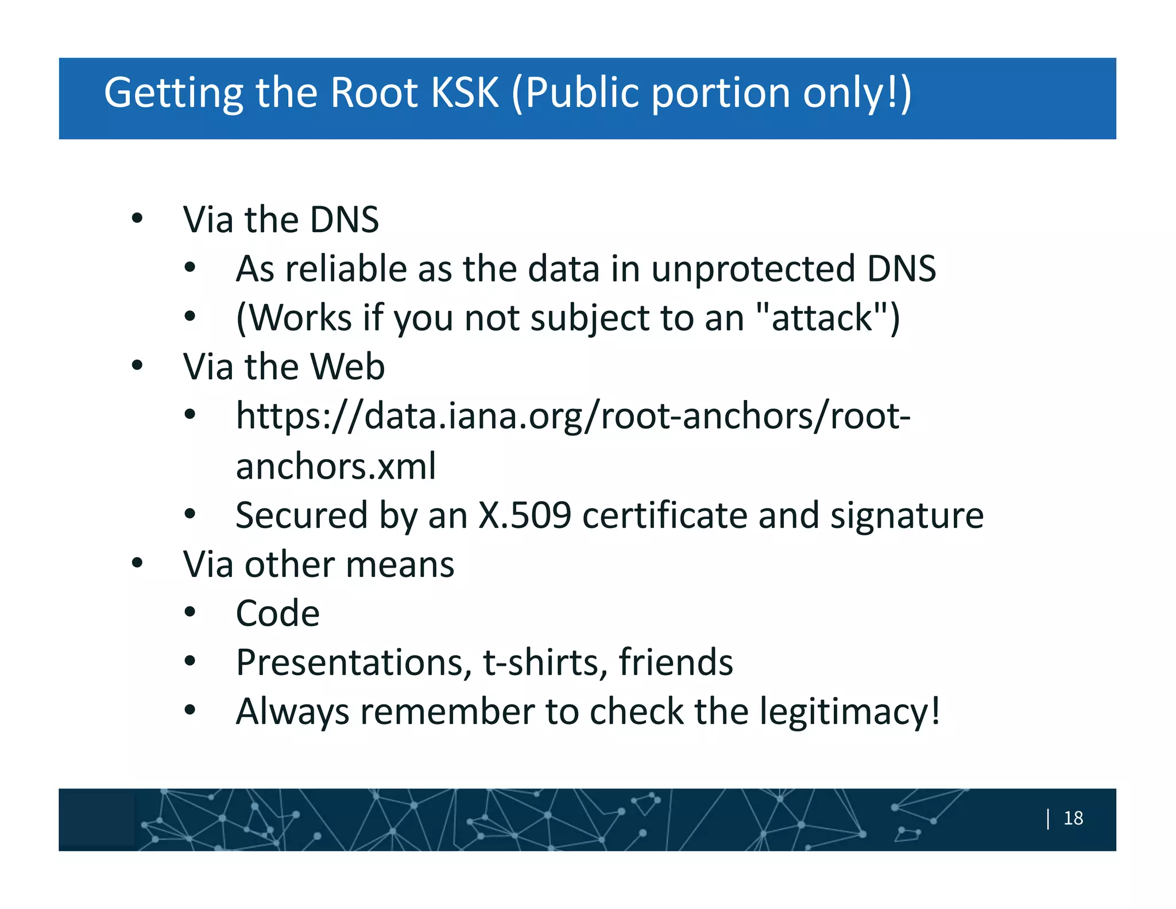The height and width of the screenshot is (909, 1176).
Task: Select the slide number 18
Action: (x=1073, y=818)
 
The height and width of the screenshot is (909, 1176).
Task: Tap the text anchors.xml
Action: (x=336, y=466)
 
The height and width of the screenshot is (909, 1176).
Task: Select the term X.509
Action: (x=525, y=515)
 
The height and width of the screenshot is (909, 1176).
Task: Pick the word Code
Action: (x=278, y=614)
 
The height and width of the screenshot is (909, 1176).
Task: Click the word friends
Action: (x=675, y=663)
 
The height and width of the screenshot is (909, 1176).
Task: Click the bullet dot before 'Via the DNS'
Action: (x=137, y=218)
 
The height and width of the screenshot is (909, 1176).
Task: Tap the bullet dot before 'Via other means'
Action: (x=137, y=563)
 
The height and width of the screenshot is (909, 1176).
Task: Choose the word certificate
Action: (x=664, y=515)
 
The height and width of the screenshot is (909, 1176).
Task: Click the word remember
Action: (x=447, y=712)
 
